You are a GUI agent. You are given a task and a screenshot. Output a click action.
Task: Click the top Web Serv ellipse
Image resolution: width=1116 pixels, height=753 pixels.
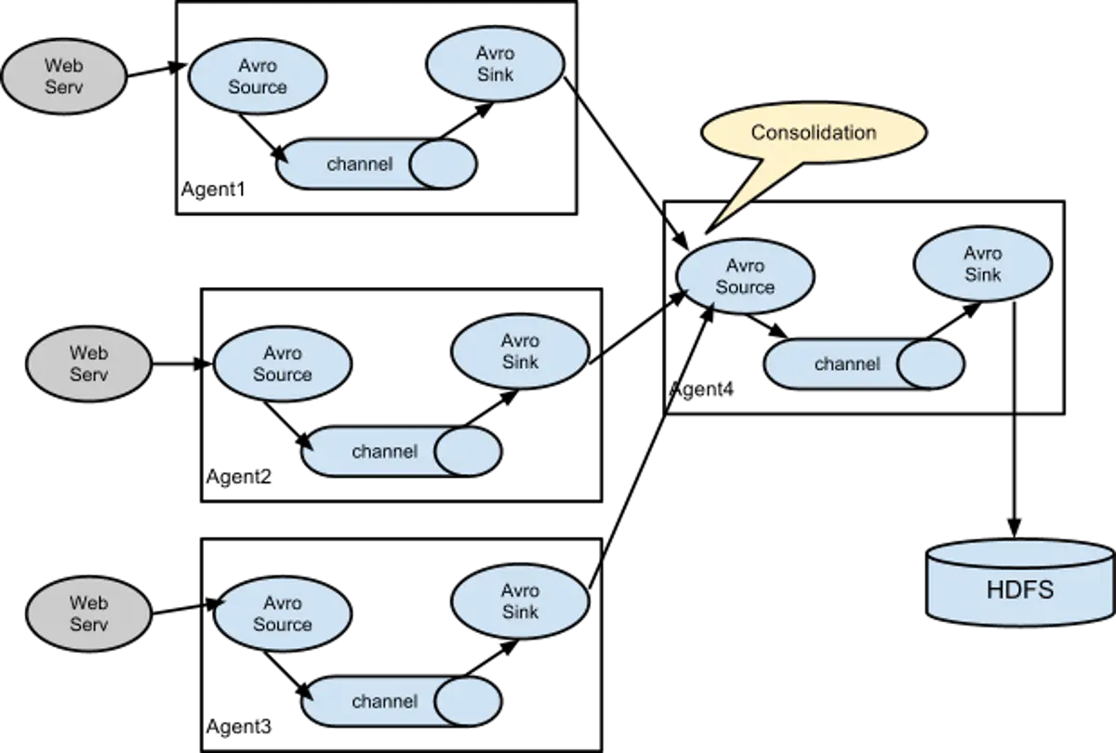tap(63, 75)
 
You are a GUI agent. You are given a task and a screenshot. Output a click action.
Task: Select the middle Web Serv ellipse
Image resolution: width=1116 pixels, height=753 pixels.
tap(88, 363)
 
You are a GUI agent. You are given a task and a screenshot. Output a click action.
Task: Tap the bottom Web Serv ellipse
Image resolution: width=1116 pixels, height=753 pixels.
tap(88, 613)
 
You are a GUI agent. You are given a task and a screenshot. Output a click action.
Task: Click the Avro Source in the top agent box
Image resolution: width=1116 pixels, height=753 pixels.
tap(257, 76)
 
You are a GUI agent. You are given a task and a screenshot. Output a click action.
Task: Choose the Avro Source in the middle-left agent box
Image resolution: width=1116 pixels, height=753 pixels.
tap(282, 363)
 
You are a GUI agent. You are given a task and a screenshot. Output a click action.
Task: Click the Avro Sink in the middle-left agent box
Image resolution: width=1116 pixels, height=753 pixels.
tap(520, 350)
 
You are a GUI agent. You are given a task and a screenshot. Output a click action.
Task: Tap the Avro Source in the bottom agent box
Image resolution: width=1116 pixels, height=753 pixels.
tap(282, 613)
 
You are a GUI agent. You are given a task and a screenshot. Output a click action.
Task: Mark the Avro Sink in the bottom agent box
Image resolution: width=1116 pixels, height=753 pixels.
tap(520, 601)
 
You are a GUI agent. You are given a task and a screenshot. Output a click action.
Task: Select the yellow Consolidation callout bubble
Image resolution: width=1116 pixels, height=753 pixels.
tap(813, 134)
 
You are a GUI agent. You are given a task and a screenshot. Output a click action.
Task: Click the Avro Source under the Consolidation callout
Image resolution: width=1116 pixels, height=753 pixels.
tap(746, 277)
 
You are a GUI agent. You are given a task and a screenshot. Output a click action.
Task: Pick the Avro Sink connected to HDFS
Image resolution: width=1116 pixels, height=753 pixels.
tap(983, 264)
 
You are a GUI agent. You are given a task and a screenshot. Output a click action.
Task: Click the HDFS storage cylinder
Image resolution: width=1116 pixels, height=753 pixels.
tap(1019, 582)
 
